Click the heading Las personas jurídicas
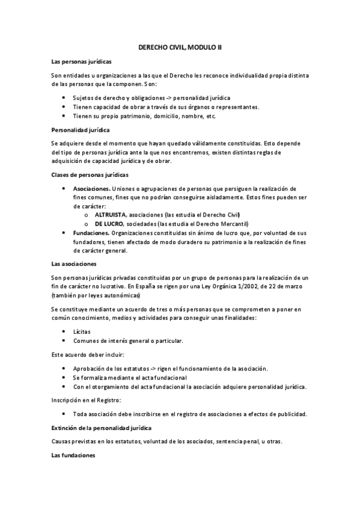(81, 62)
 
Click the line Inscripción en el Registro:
(87, 400)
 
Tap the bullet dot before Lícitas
(64, 332)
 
